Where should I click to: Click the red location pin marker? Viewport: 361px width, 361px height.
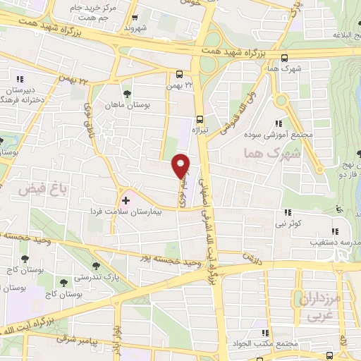pyautogui.click(x=181, y=166)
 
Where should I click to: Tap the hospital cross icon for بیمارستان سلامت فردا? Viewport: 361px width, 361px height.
pyautogui.click(x=126, y=200)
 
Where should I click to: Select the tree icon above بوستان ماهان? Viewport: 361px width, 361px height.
pyautogui.click(x=127, y=93)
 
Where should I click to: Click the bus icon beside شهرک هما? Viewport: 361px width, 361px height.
pyautogui.click(x=284, y=59)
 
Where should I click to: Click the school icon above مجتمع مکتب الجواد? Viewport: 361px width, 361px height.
pyautogui.click(x=265, y=332)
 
